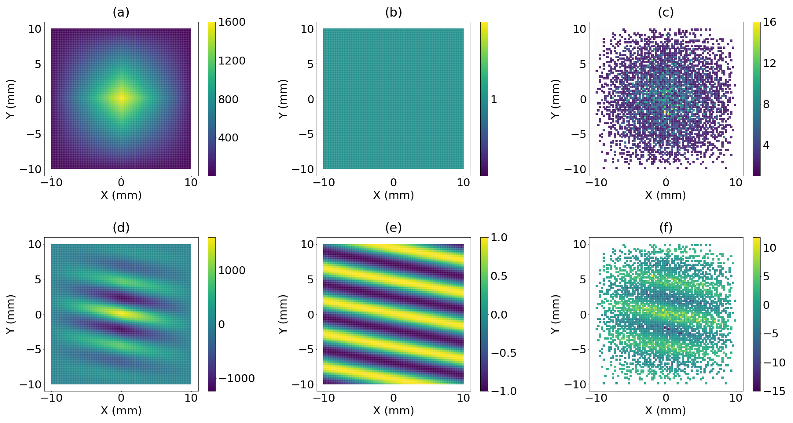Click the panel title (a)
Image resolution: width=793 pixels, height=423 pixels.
point(121,12)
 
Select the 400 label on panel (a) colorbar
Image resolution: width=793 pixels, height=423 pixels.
point(228,137)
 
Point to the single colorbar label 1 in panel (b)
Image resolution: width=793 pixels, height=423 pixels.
point(494,99)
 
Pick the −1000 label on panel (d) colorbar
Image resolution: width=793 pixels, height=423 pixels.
point(236,378)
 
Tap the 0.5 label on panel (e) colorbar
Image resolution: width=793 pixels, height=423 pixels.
point(499,276)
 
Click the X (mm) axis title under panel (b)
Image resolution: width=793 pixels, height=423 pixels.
point(393,195)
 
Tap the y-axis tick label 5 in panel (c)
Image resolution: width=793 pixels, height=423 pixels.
point(583,64)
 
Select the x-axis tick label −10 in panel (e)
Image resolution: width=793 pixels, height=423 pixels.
point(324,398)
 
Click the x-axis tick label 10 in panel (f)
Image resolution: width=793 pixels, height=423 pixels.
point(736,398)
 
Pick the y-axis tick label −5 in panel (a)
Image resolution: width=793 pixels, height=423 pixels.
point(34,134)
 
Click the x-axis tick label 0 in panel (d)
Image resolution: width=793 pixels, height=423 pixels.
point(121,398)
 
